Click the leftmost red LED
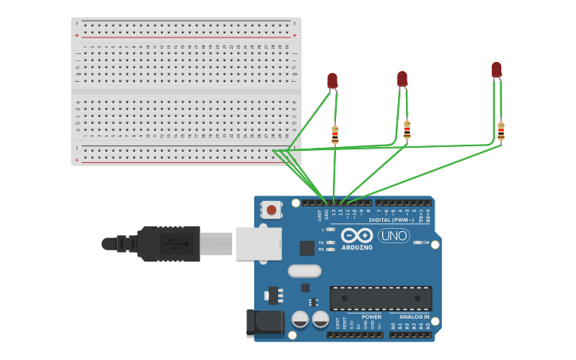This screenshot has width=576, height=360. pos(332,80)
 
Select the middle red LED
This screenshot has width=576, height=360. pos(402,79)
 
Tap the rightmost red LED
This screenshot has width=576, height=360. pos(497,69)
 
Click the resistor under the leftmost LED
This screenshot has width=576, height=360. pos(334,136)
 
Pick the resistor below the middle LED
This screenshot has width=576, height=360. pos(407,130)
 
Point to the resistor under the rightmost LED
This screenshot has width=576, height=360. pos(501,131)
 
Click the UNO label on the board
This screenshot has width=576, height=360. pos(393,235)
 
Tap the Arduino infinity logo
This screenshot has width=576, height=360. pos(357,235)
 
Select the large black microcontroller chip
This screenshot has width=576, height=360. pos(381,298)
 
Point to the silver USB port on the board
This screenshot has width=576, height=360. pos(258,243)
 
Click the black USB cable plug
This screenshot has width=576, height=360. pos(168,243)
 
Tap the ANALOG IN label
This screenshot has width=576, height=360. pos(414,316)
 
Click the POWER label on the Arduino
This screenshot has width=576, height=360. pos(372,316)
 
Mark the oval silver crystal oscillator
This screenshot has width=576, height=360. pos(304,271)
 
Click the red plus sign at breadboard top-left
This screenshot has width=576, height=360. pos(77,36)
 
